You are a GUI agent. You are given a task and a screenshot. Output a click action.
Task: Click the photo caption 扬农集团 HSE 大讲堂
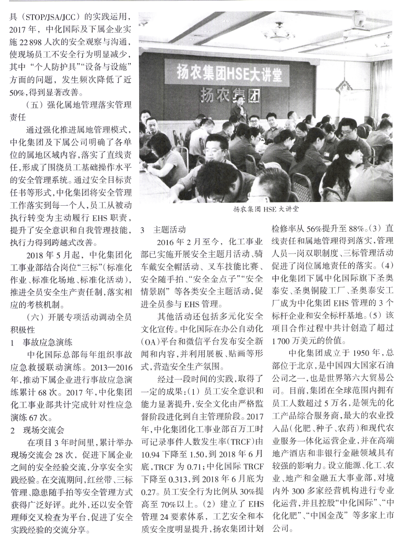pos(267,209)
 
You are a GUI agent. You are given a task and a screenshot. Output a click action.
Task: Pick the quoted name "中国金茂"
pos(329,515)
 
